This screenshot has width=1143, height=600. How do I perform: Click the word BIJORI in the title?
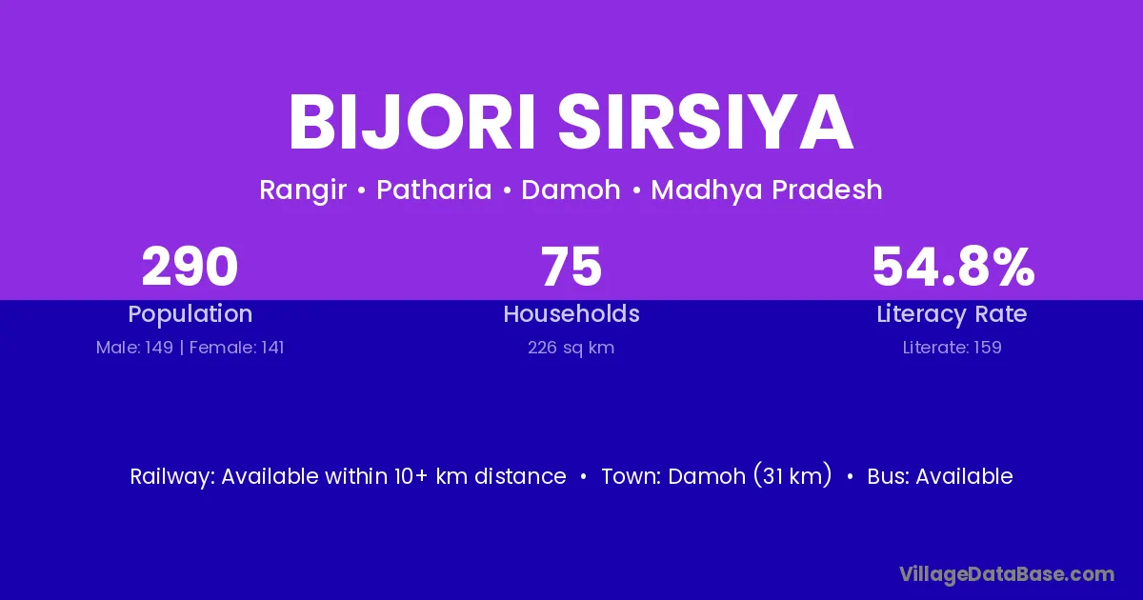[411, 123]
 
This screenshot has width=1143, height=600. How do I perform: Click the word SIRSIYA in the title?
[706, 123]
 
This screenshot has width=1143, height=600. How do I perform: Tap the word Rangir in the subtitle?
[303, 190]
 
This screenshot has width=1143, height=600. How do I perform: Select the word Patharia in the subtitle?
[433, 190]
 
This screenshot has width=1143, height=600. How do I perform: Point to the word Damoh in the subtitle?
[571, 190]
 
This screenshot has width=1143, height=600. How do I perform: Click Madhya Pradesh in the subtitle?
[767, 190]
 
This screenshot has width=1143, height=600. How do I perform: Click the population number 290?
[190, 267]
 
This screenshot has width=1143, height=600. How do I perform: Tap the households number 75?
[571, 267]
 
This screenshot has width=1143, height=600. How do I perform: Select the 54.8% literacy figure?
[953, 267]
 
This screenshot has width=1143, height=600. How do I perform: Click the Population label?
[190, 314]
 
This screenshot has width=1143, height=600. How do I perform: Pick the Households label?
[571, 313]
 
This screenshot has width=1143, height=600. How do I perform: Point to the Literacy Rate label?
[952, 314]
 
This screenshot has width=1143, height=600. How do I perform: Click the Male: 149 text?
[134, 348]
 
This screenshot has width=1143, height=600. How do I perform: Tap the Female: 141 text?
[237, 348]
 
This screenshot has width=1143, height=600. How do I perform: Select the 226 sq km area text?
[571, 348]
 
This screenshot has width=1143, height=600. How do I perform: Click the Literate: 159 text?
[952, 348]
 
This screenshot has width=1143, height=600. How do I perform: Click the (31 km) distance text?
[792, 475]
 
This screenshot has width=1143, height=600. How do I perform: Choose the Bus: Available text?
[940, 476]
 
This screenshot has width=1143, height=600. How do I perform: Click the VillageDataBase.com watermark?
[1007, 574]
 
